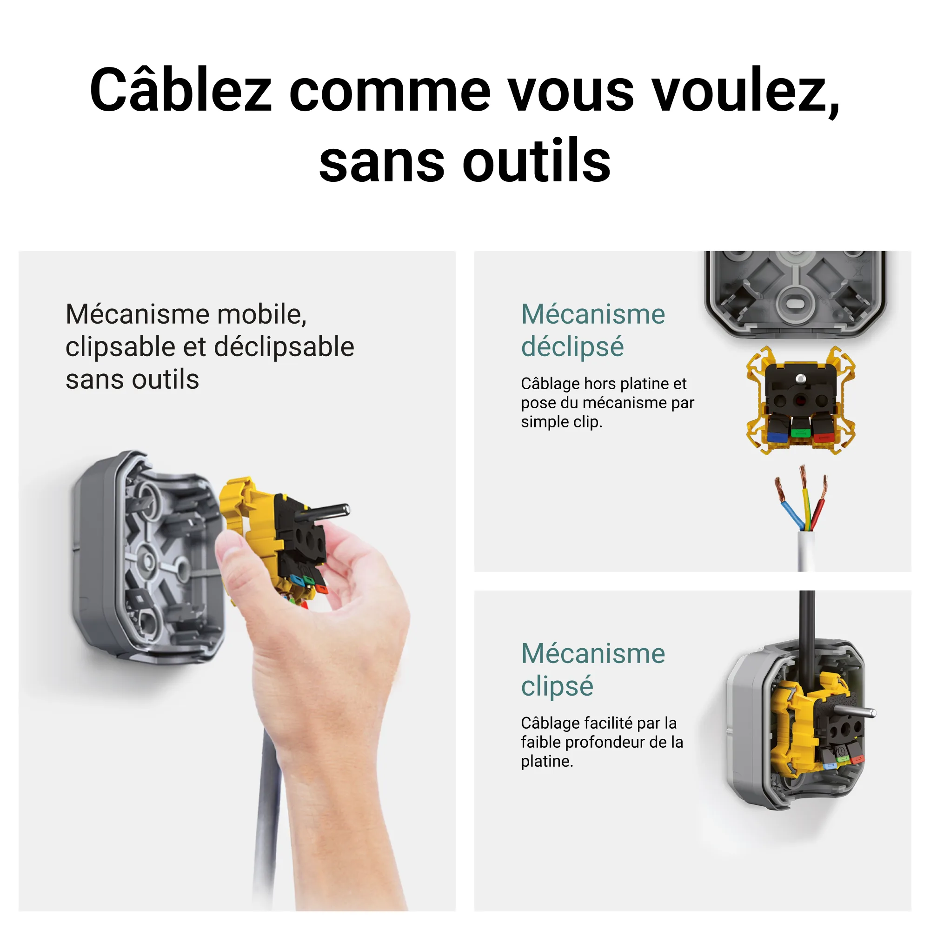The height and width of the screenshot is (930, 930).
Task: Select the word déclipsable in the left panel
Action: coord(284,347)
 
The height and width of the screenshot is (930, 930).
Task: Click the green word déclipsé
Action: coord(572,347)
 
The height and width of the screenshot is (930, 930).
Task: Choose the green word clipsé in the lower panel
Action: coord(557,686)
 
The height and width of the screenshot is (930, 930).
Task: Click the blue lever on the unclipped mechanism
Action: coord(777,436)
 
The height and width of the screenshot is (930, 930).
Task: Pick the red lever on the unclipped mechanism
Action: coord(824,436)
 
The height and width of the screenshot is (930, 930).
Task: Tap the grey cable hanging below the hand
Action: coord(270,818)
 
